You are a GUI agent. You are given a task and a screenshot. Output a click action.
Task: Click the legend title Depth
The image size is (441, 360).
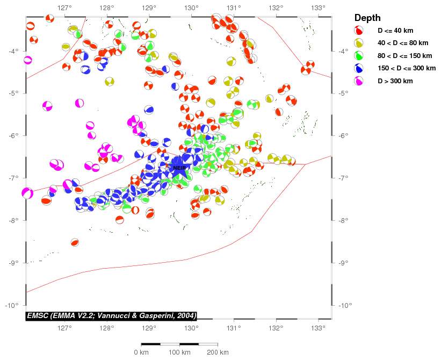tap(367, 18)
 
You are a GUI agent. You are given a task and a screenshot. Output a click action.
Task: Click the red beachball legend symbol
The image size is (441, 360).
tap(359, 31)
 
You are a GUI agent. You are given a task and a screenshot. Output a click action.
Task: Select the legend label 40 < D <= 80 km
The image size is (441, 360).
tap(403, 43)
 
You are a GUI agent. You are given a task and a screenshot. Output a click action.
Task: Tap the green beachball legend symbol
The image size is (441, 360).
tap(359, 55)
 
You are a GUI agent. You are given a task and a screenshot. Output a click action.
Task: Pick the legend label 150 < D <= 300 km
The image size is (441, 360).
tap(407, 68)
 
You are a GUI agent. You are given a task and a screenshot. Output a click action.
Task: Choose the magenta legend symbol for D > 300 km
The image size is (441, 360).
tap(359, 81)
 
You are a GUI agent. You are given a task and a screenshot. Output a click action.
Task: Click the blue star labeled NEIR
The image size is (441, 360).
tap(179, 168)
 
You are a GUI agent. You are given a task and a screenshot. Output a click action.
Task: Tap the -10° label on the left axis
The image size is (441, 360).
tap(12, 305)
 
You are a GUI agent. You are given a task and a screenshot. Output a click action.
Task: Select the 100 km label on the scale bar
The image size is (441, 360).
tap(179, 352)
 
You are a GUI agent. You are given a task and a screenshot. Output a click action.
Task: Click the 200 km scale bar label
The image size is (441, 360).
tap(218, 352)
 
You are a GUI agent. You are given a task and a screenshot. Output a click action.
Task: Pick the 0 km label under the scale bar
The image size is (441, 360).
tap(141, 352)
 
